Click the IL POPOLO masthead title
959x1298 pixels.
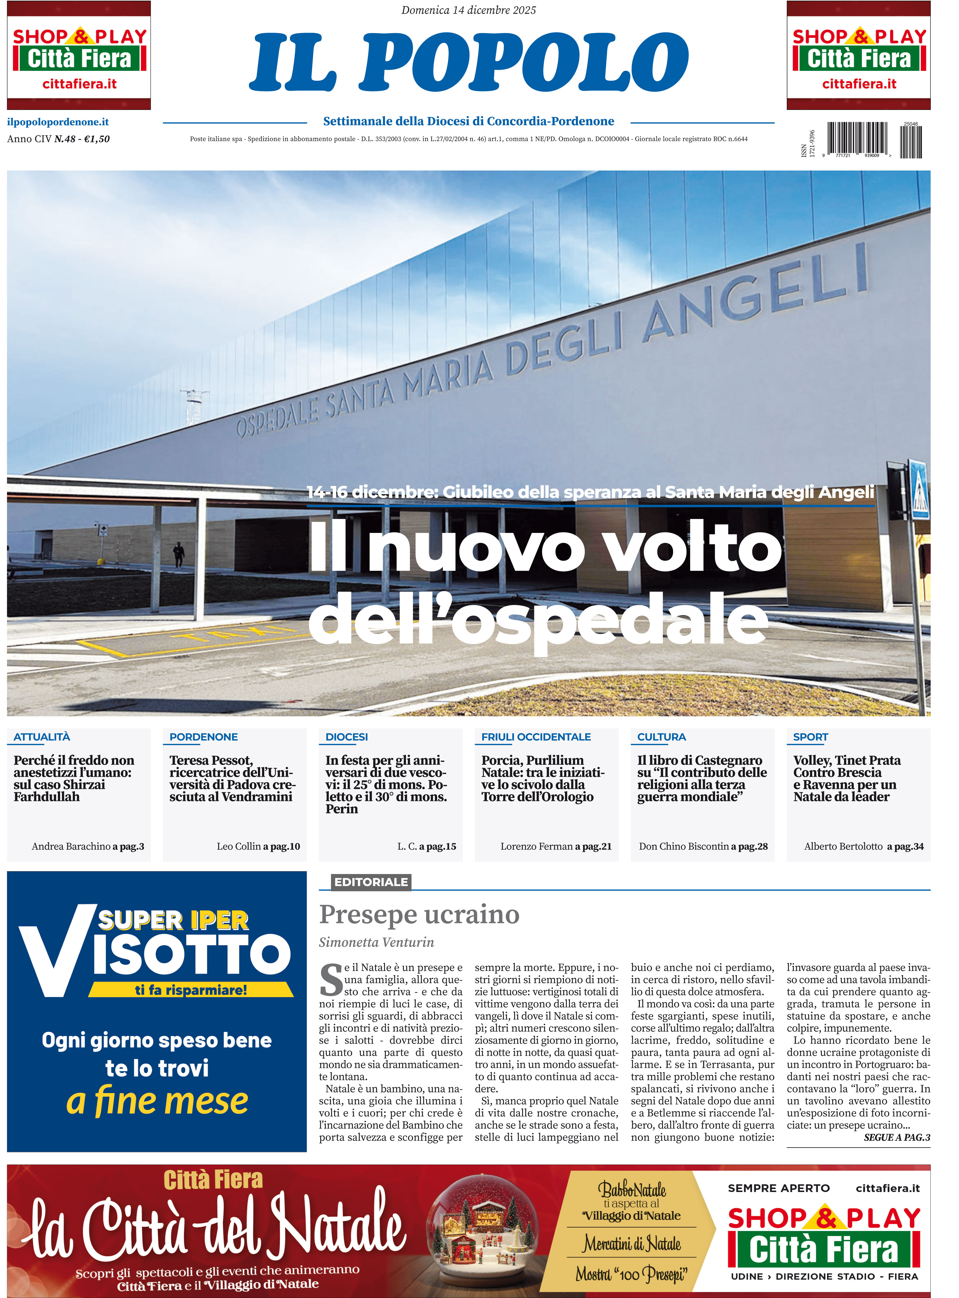(469, 62)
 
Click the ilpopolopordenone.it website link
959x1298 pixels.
(58, 122)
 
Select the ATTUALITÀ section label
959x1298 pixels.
(42, 737)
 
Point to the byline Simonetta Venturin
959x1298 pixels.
(376, 942)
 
